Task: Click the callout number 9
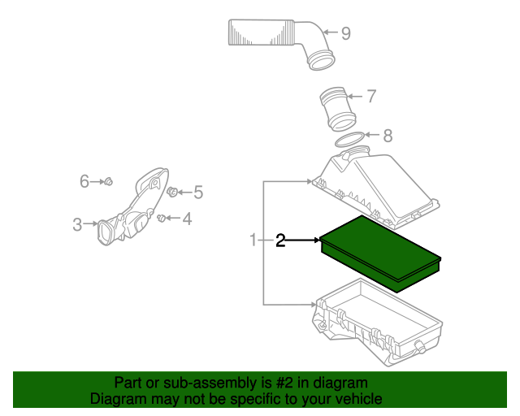(x=345, y=33)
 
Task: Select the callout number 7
(x=370, y=97)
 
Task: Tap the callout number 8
(x=388, y=136)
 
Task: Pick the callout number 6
(x=84, y=181)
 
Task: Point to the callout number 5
(x=197, y=193)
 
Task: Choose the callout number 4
(x=187, y=218)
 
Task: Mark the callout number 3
(x=77, y=224)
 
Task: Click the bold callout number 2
(x=280, y=240)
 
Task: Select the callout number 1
(x=253, y=240)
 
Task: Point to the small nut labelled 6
(x=110, y=181)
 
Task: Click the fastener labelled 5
(x=173, y=193)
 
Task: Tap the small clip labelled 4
(x=162, y=218)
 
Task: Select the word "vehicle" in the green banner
(x=355, y=399)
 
